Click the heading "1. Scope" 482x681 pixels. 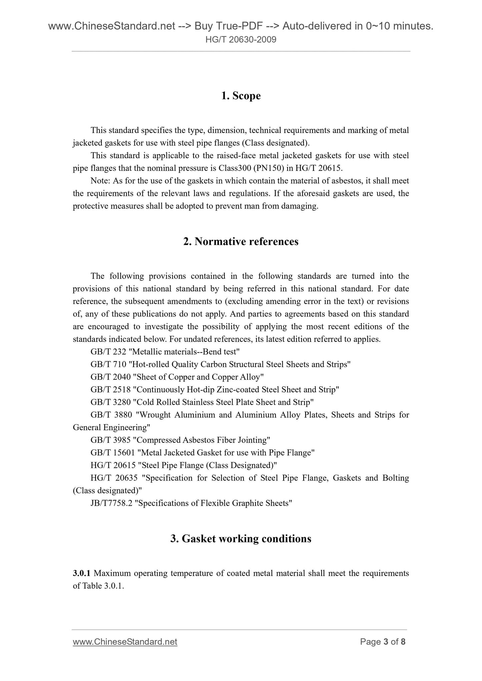(241, 96)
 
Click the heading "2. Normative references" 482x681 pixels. (241, 242)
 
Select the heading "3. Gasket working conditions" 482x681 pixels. (241, 539)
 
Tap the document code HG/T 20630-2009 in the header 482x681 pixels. (241, 40)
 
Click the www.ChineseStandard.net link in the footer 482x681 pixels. (125, 642)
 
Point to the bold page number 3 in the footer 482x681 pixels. (386, 642)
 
